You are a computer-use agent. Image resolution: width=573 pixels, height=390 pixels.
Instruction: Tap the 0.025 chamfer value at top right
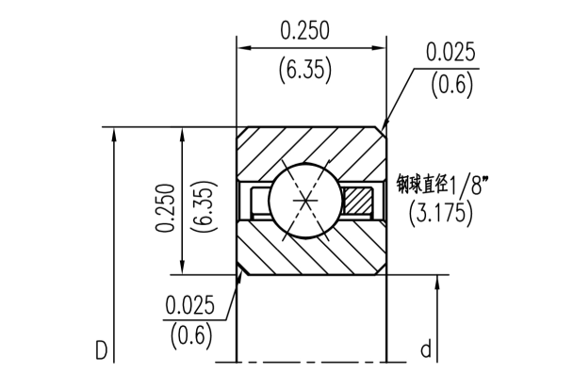coord(450,52)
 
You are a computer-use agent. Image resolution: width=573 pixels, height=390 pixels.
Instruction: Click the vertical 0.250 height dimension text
coord(166,206)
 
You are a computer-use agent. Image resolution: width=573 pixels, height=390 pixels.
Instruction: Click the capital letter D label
coord(101,351)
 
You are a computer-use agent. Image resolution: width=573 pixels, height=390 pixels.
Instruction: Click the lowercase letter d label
coord(425,350)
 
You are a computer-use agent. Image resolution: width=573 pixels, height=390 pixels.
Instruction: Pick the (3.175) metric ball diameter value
coord(441,214)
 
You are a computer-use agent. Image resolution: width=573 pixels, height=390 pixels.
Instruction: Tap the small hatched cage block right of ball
coord(358,200)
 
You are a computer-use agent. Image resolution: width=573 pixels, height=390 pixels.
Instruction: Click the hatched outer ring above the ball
coord(311,146)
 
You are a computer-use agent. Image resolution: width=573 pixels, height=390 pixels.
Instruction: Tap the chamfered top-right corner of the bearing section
coord(382,129)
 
